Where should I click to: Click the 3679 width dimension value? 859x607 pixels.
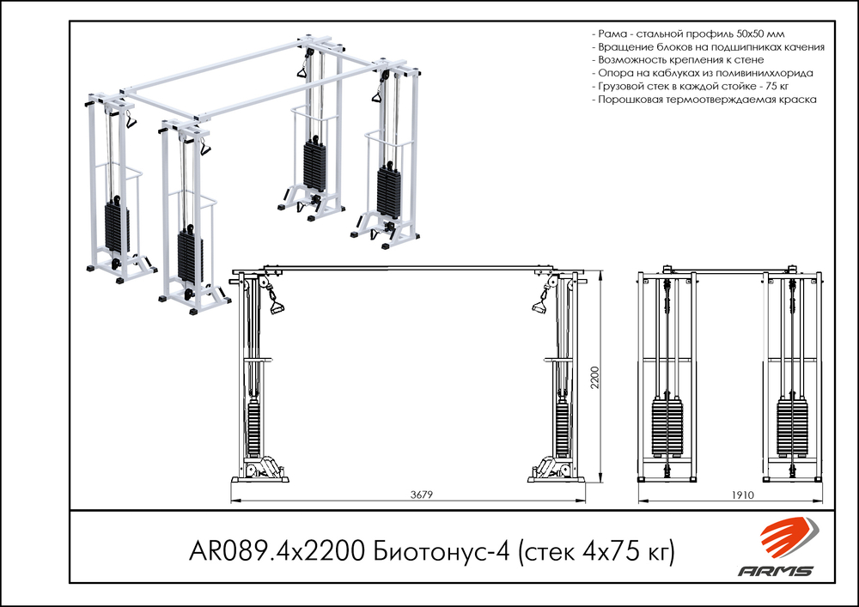pyautogui.click(x=421, y=495)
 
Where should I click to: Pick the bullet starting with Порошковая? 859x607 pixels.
pyautogui.click(x=704, y=100)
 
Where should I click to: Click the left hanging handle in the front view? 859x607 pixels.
pyautogui.click(x=277, y=305)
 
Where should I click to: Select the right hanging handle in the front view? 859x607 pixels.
pyautogui.click(x=539, y=305)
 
